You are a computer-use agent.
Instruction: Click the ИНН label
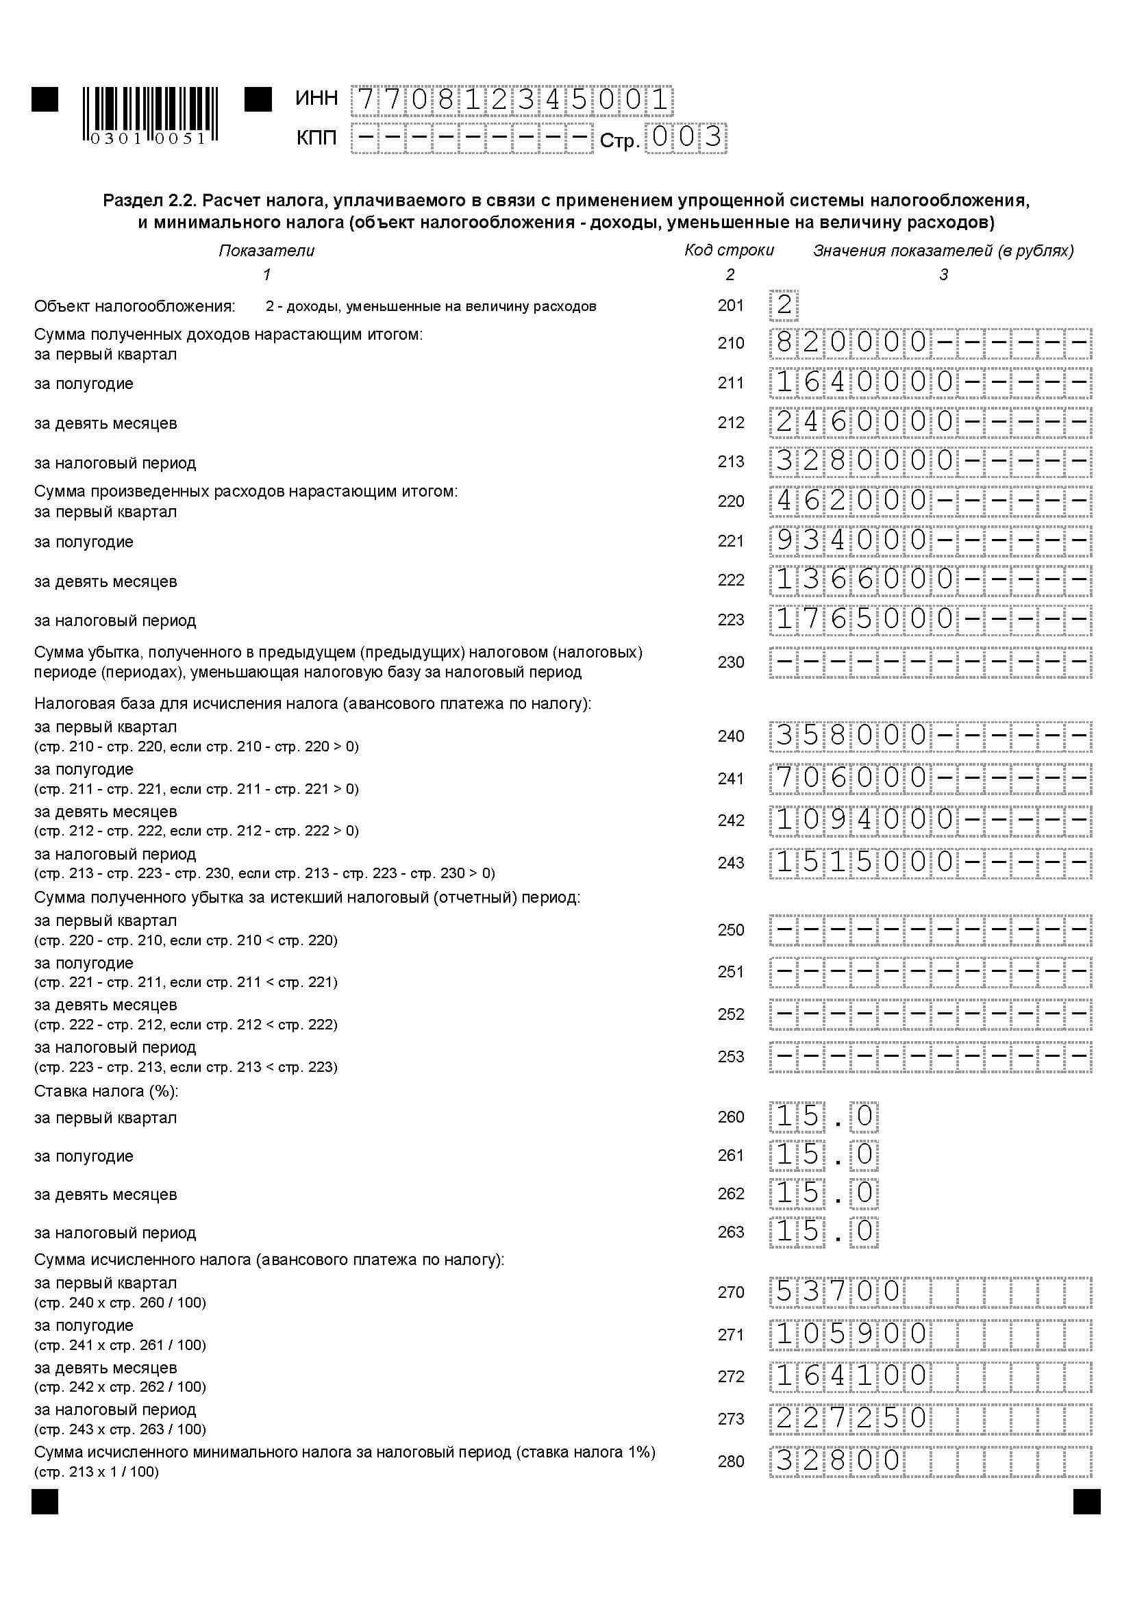[x=316, y=99]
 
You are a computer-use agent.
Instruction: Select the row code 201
[x=730, y=305]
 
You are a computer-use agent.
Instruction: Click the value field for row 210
[x=931, y=342]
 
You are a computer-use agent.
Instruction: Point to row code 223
[x=730, y=620]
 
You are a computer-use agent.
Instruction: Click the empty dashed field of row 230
[x=931, y=662]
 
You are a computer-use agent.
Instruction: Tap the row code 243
[x=730, y=863]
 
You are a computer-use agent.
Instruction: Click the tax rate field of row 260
[x=824, y=1117]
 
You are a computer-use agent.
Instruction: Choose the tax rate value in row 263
[x=824, y=1232]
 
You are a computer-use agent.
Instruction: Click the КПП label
[x=316, y=138]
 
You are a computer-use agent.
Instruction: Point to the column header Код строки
[x=729, y=251]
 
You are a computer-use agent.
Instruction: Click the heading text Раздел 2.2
[x=148, y=201]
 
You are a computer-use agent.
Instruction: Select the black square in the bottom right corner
[x=1086, y=1501]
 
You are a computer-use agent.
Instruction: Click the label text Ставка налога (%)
[x=106, y=1090]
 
